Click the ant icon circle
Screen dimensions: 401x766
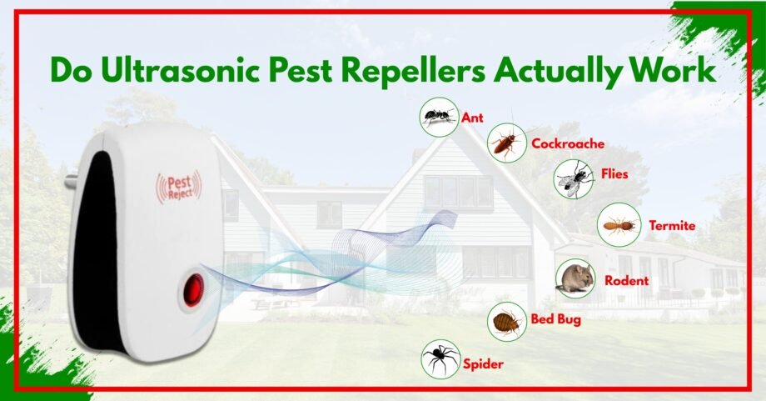(x=439, y=117)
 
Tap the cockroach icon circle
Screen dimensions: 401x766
(x=506, y=143)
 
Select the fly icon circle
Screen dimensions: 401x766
(x=574, y=178)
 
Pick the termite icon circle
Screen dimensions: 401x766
(x=619, y=224)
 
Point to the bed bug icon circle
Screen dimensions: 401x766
(x=506, y=321)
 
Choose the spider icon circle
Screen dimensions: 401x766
(x=440, y=358)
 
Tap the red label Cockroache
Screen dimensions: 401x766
(x=568, y=143)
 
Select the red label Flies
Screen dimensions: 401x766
(x=614, y=175)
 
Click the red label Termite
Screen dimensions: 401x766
(x=672, y=225)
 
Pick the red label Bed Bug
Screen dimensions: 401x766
(x=556, y=318)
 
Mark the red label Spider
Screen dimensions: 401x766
(x=484, y=363)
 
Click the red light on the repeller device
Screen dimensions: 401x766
(x=193, y=289)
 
